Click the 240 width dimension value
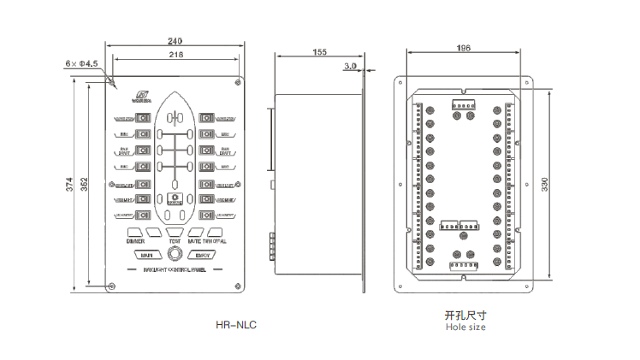[175, 41]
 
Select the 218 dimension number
[175, 55]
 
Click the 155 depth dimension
[317, 52]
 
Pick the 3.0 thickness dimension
[350, 65]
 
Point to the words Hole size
[465, 327]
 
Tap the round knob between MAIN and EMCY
[175, 254]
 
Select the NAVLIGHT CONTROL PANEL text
[175, 269]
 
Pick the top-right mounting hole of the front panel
[236, 84]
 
